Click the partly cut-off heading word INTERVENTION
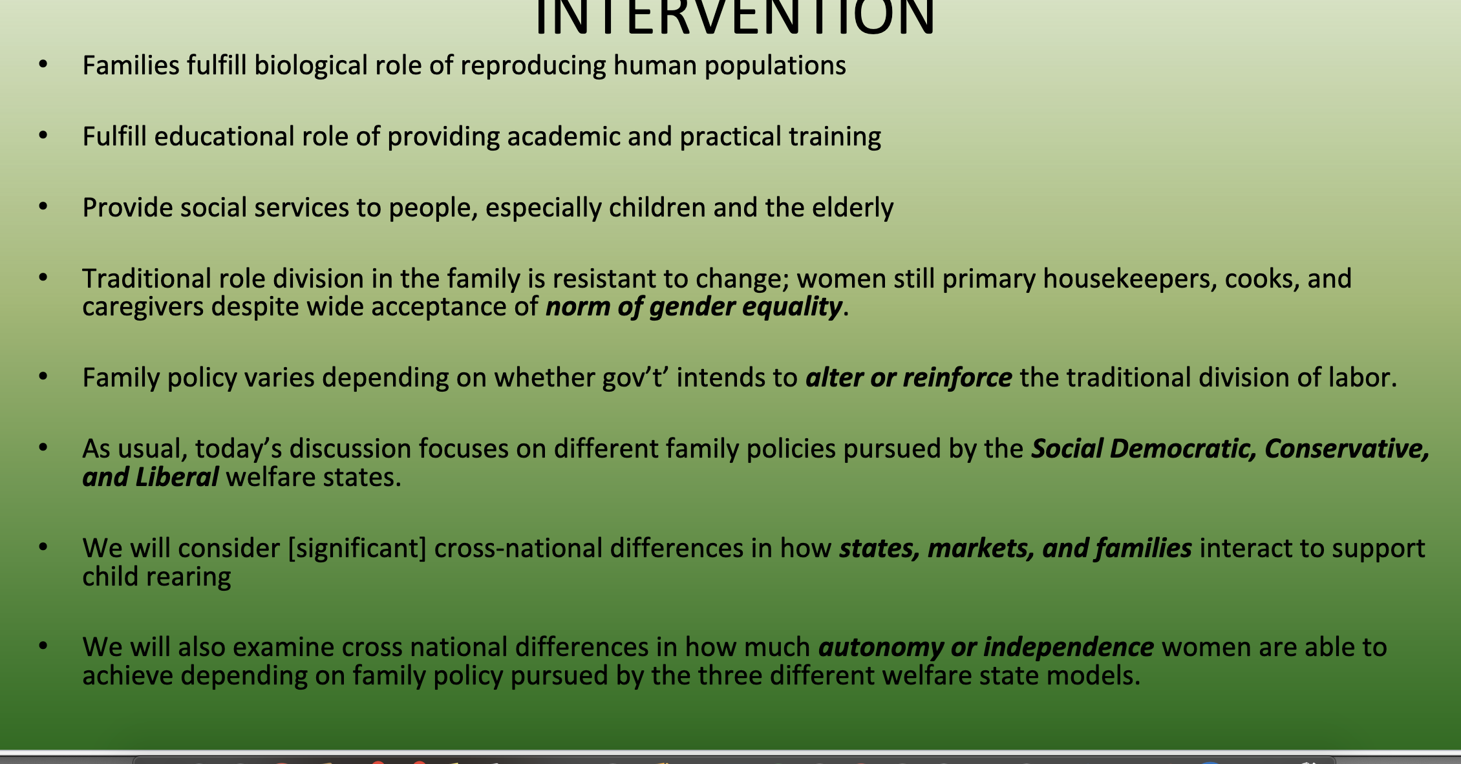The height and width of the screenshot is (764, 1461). click(x=734, y=17)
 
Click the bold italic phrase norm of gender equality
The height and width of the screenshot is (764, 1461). click(x=694, y=307)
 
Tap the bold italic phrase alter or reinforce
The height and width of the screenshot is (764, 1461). click(x=908, y=377)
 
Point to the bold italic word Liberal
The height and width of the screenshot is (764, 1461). click(x=177, y=478)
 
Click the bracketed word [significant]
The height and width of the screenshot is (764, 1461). click(x=357, y=549)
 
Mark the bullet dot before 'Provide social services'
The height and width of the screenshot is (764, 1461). click(x=43, y=207)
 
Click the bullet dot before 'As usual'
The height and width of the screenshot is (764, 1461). click(x=43, y=447)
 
